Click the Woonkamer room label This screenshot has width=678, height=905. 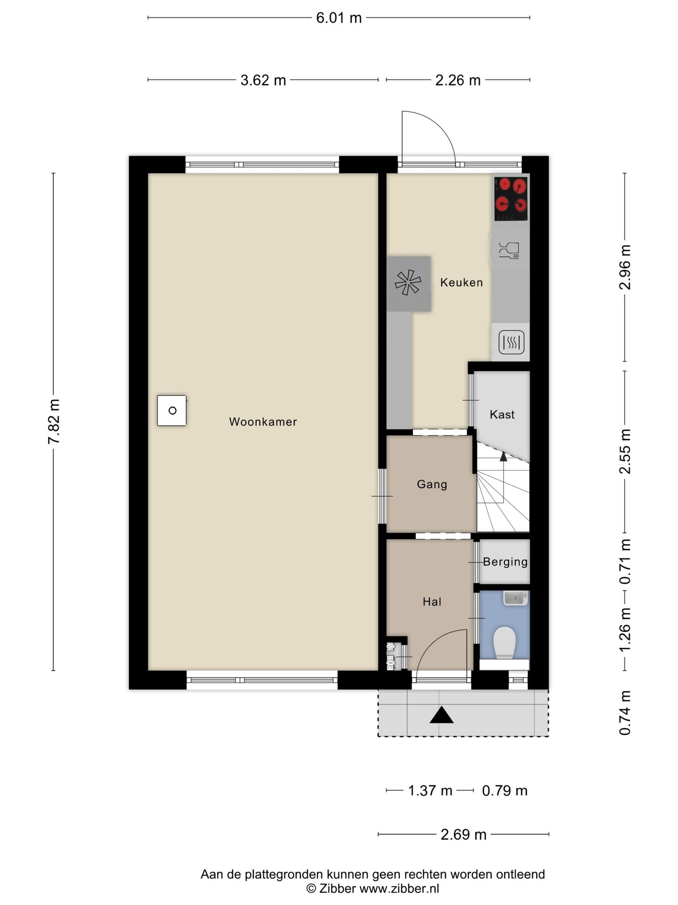263,422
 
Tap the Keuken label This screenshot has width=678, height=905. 461,282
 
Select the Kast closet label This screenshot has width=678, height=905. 502,414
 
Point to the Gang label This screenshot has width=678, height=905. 432,485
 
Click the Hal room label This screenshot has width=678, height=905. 432,601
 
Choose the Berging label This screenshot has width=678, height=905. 505,562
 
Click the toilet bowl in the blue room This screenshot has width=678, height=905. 504,642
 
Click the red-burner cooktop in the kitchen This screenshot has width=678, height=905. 511,198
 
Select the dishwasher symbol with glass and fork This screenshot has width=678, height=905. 508,250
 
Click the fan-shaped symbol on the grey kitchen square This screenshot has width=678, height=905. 408,283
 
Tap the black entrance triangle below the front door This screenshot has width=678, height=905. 441,715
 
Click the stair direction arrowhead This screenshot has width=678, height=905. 503,456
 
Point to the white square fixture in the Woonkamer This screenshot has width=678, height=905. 172,411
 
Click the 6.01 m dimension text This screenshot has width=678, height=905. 339,18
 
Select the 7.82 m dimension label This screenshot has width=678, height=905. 54,421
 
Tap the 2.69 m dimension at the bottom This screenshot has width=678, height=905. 463,835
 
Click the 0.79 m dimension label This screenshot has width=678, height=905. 505,790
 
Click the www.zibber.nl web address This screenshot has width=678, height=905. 399,889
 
